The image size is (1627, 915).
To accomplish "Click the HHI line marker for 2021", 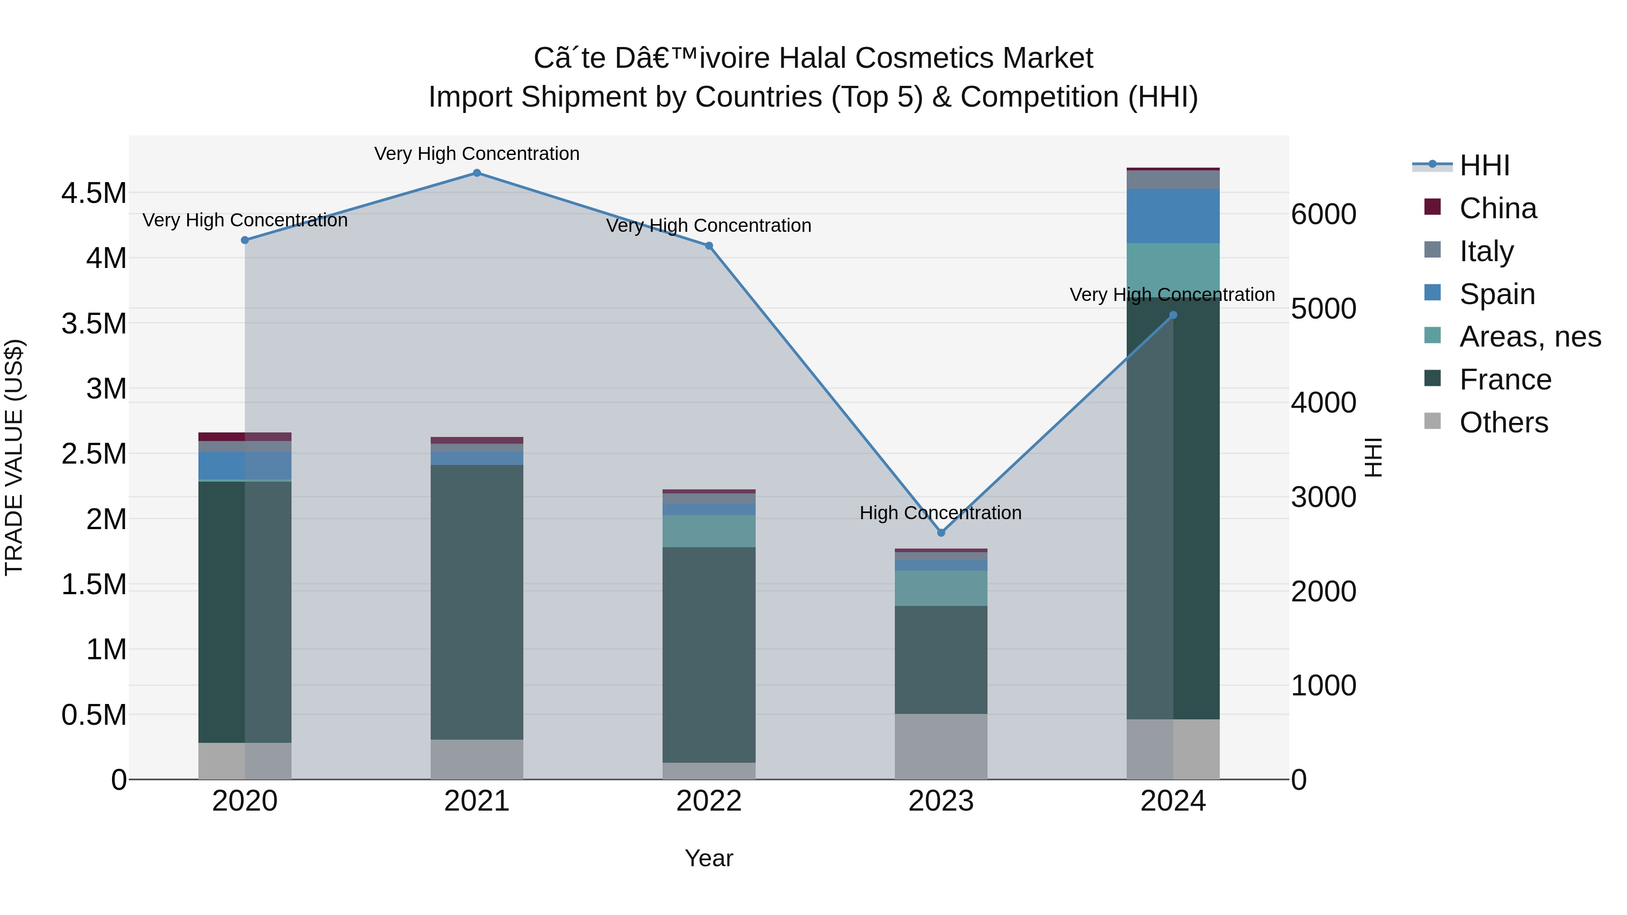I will [477, 173].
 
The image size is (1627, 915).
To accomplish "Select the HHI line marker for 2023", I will [941, 532].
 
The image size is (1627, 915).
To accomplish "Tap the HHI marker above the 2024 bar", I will [1173, 315].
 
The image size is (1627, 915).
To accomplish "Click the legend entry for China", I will [1498, 208].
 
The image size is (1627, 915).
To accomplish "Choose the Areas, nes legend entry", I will [1530, 337].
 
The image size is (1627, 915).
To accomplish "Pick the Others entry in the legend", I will [1503, 422].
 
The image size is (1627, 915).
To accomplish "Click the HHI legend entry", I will [1484, 165].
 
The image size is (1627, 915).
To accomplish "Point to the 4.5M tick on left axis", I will [94, 193].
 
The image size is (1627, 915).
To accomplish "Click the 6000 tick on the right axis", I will [1323, 215].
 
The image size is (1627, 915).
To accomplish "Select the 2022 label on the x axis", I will [709, 801].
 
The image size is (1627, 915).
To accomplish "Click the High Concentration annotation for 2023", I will [940, 513].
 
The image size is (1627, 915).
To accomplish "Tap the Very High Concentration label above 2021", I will [477, 154].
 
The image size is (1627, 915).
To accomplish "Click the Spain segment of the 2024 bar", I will [1173, 216].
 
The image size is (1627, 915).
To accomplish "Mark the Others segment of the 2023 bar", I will [941, 746].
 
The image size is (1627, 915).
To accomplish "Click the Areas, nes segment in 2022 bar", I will [709, 530].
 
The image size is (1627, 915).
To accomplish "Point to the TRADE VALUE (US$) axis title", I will [14, 457].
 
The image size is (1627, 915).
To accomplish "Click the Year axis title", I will [709, 858].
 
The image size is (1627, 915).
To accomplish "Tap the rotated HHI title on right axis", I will [1373, 457].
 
